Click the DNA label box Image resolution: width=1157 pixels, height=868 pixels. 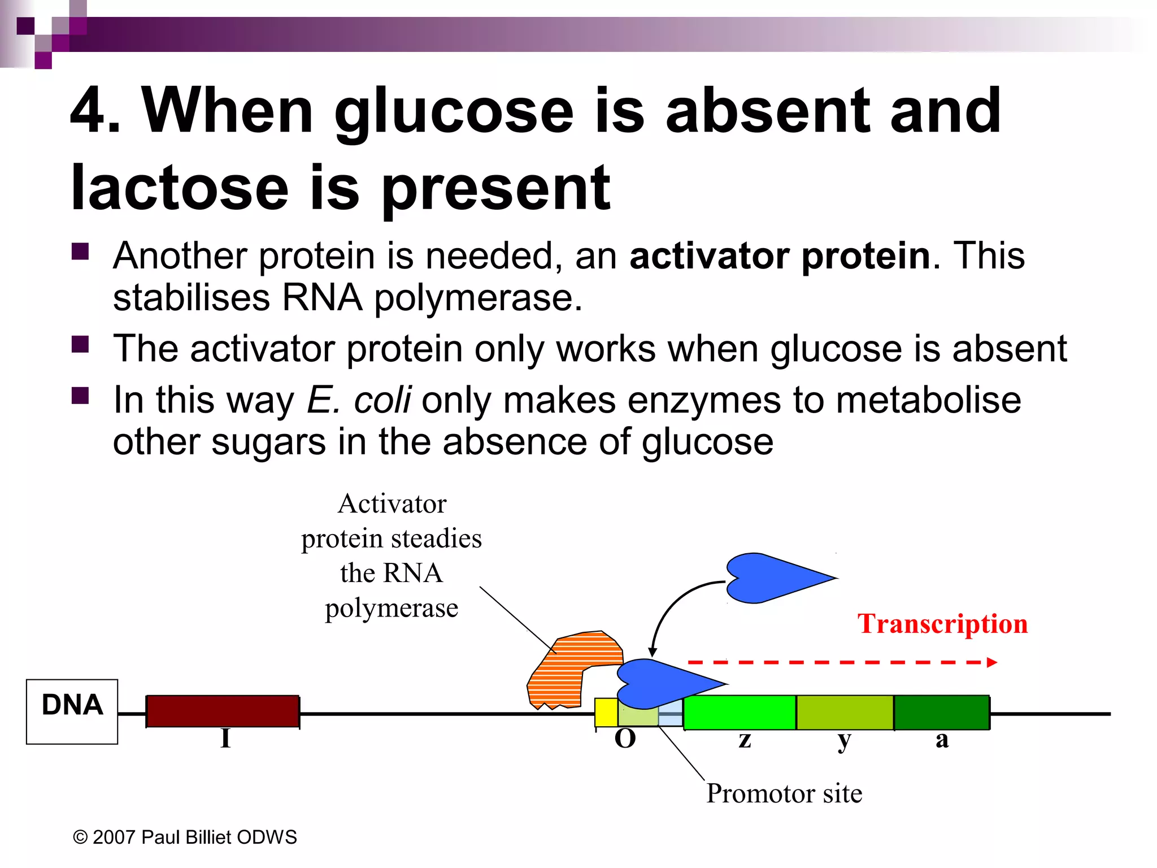(x=72, y=711)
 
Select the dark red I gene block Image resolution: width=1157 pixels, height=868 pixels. (x=223, y=711)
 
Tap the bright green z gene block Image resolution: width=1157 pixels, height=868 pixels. (x=739, y=713)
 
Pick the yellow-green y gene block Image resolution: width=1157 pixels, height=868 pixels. (x=845, y=713)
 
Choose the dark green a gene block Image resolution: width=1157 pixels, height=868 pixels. (x=941, y=713)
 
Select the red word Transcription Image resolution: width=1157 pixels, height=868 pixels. (x=942, y=624)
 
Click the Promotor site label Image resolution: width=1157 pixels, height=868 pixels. (x=784, y=793)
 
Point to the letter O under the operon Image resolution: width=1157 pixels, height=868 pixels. (x=625, y=739)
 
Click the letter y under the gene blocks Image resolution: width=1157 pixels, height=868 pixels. (x=844, y=740)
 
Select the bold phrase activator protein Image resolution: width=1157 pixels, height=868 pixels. (x=780, y=255)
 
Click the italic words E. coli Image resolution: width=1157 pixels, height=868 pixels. (x=359, y=400)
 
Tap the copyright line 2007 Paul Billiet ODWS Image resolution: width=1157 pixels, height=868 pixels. (x=185, y=837)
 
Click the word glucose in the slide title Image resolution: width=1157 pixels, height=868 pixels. (x=454, y=113)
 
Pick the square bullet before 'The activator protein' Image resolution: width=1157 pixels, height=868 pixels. (x=80, y=344)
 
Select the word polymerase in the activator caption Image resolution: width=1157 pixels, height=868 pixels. (x=391, y=608)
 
